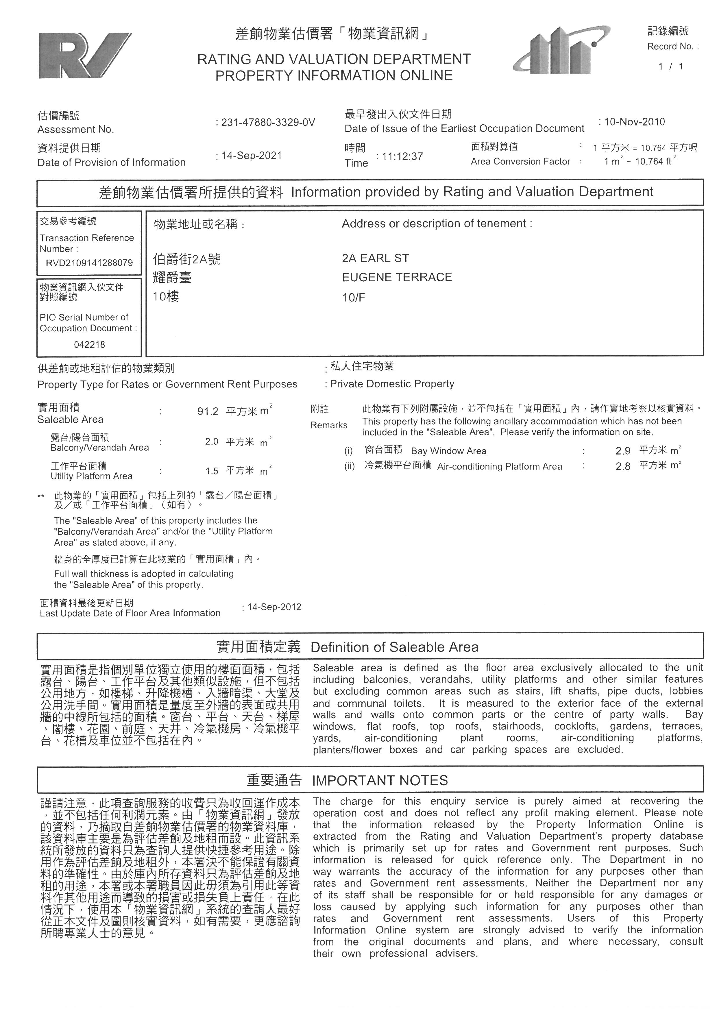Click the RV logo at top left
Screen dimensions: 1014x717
point(85,56)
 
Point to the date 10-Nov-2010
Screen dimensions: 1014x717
point(634,122)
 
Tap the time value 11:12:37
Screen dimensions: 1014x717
point(402,156)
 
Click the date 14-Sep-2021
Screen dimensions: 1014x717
point(251,156)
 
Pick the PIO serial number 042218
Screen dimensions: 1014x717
point(90,344)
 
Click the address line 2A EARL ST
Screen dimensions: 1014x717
point(375,258)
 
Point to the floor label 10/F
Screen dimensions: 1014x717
point(354,297)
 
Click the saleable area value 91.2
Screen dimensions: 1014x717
point(208,412)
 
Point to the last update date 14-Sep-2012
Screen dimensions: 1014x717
point(274,607)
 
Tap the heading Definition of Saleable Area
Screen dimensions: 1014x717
point(394,647)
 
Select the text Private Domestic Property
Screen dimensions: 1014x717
point(392,384)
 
